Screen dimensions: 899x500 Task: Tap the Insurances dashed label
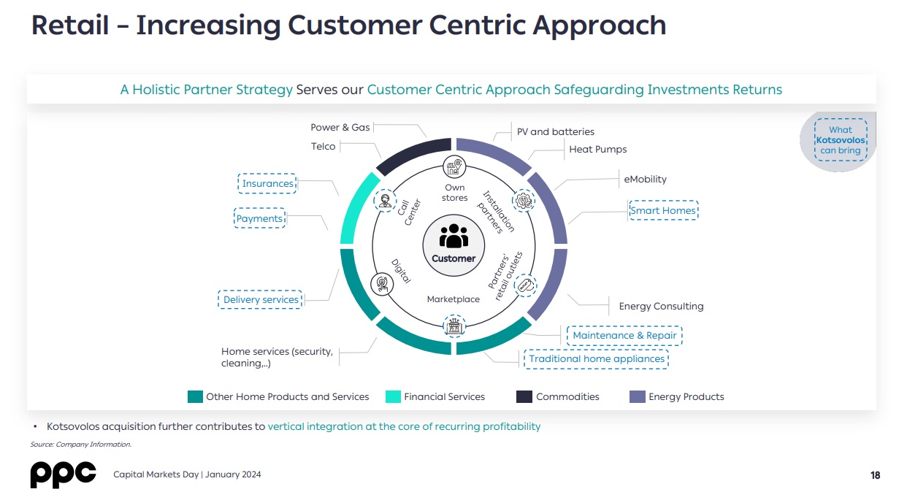(x=267, y=183)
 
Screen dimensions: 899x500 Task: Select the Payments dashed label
(x=260, y=218)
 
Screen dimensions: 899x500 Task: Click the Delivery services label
(x=261, y=299)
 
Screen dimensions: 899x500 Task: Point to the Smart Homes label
(x=663, y=210)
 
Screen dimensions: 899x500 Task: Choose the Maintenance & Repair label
(x=624, y=336)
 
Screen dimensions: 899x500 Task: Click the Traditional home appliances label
(x=597, y=358)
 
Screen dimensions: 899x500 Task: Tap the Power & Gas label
(x=340, y=127)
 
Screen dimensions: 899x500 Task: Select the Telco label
(x=323, y=146)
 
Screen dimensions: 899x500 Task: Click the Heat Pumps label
(x=597, y=150)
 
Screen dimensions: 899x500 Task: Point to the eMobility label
(x=645, y=179)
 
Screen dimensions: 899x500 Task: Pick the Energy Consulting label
(x=661, y=306)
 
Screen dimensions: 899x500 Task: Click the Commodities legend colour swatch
(x=524, y=396)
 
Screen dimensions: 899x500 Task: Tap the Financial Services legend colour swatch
(x=393, y=396)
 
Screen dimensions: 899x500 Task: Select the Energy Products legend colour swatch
(x=638, y=396)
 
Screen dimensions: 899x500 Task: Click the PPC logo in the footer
(x=64, y=474)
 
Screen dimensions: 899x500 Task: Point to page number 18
(x=876, y=475)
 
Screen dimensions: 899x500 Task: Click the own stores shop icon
(x=454, y=167)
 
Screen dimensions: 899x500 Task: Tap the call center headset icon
(x=386, y=201)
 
